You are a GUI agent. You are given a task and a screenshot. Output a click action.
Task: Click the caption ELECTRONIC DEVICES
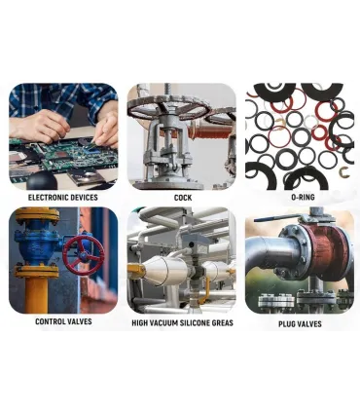62,198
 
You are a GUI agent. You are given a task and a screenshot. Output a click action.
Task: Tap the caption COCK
183,198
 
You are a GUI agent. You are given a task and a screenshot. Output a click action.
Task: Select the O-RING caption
303,197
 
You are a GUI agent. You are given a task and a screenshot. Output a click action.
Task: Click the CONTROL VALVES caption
63,321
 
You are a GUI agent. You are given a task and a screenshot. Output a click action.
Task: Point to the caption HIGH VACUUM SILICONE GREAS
182,322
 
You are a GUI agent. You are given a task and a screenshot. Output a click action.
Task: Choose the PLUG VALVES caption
300,323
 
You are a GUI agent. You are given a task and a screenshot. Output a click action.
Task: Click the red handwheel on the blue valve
84,255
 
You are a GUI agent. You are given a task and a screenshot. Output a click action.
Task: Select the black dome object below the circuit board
42,181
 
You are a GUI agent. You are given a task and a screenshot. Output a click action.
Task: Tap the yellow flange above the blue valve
37,216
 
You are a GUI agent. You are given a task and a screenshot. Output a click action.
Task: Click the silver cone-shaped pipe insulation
163,269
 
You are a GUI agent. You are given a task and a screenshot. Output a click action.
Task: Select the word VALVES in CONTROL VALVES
77,321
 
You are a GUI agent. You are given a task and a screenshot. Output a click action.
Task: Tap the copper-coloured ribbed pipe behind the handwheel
206,131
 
